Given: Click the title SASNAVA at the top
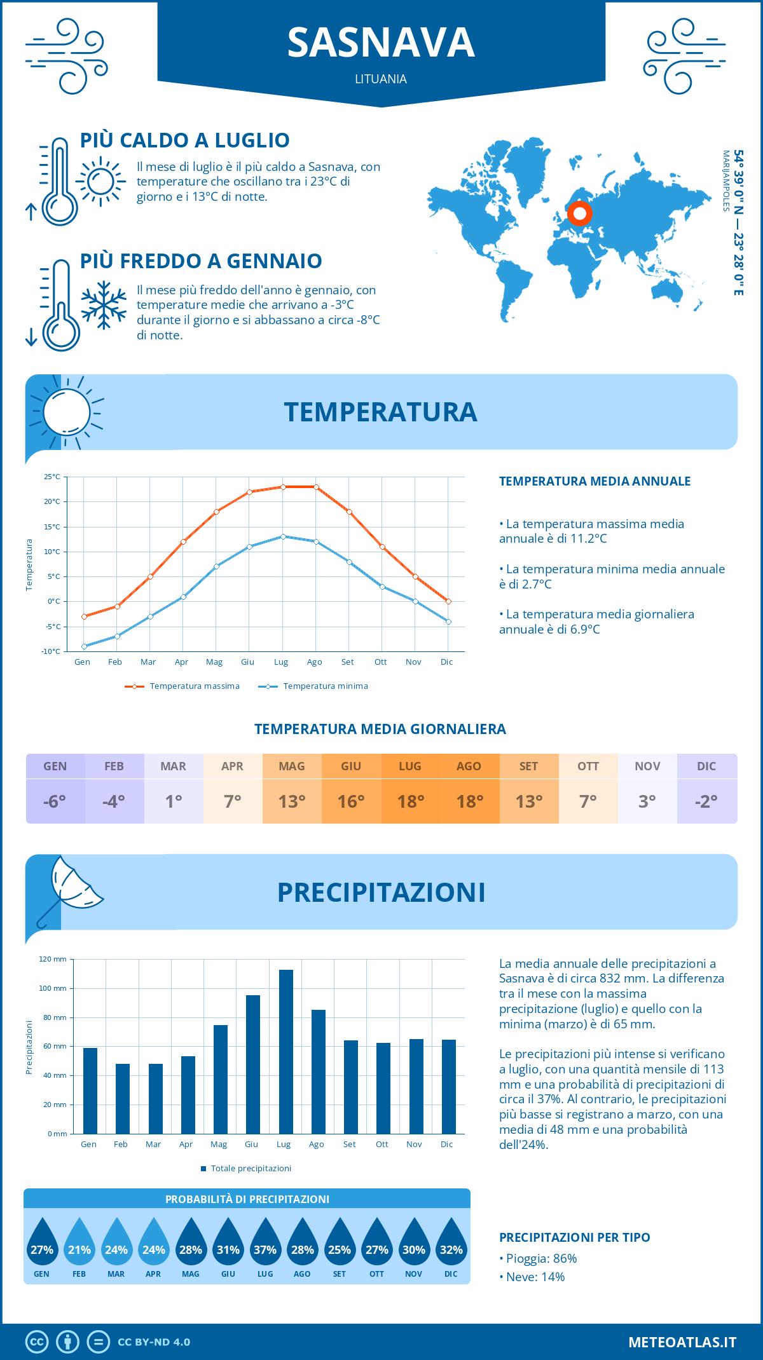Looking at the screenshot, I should pos(381,43).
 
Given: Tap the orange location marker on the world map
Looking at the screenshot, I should pos(579,214).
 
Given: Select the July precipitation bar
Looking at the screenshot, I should pos(285,1051).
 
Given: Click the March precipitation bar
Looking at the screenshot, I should pos(155,1098).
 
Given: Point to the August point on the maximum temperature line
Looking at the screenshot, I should pos(316,487).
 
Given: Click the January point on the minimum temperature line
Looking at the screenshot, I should pos(84,646).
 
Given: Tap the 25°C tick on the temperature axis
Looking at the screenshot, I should pos(52,477).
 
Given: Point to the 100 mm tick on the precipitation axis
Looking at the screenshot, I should pos(53,988).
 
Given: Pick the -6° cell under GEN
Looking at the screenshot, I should pos(55,801).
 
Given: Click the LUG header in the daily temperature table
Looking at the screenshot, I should pos(410,766).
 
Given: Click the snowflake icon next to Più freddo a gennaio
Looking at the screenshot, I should pos(104,305).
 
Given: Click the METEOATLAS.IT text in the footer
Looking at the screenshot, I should pos(682,1342).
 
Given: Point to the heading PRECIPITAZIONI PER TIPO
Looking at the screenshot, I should pos(574,1237).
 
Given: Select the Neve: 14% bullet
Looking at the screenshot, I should pos(535,1277).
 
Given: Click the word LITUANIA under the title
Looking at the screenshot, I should pos(381,79).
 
